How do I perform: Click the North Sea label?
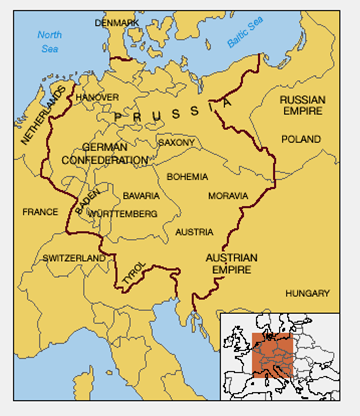point(50,42)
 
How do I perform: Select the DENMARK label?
point(117,22)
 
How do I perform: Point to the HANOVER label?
point(97,97)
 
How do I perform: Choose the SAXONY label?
point(176,143)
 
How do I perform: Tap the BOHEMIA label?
point(187,176)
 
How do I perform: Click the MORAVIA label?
point(227,196)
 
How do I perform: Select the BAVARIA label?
point(141,196)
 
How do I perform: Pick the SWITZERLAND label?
point(73,258)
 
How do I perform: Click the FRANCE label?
point(40,212)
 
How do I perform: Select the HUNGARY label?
point(307,294)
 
